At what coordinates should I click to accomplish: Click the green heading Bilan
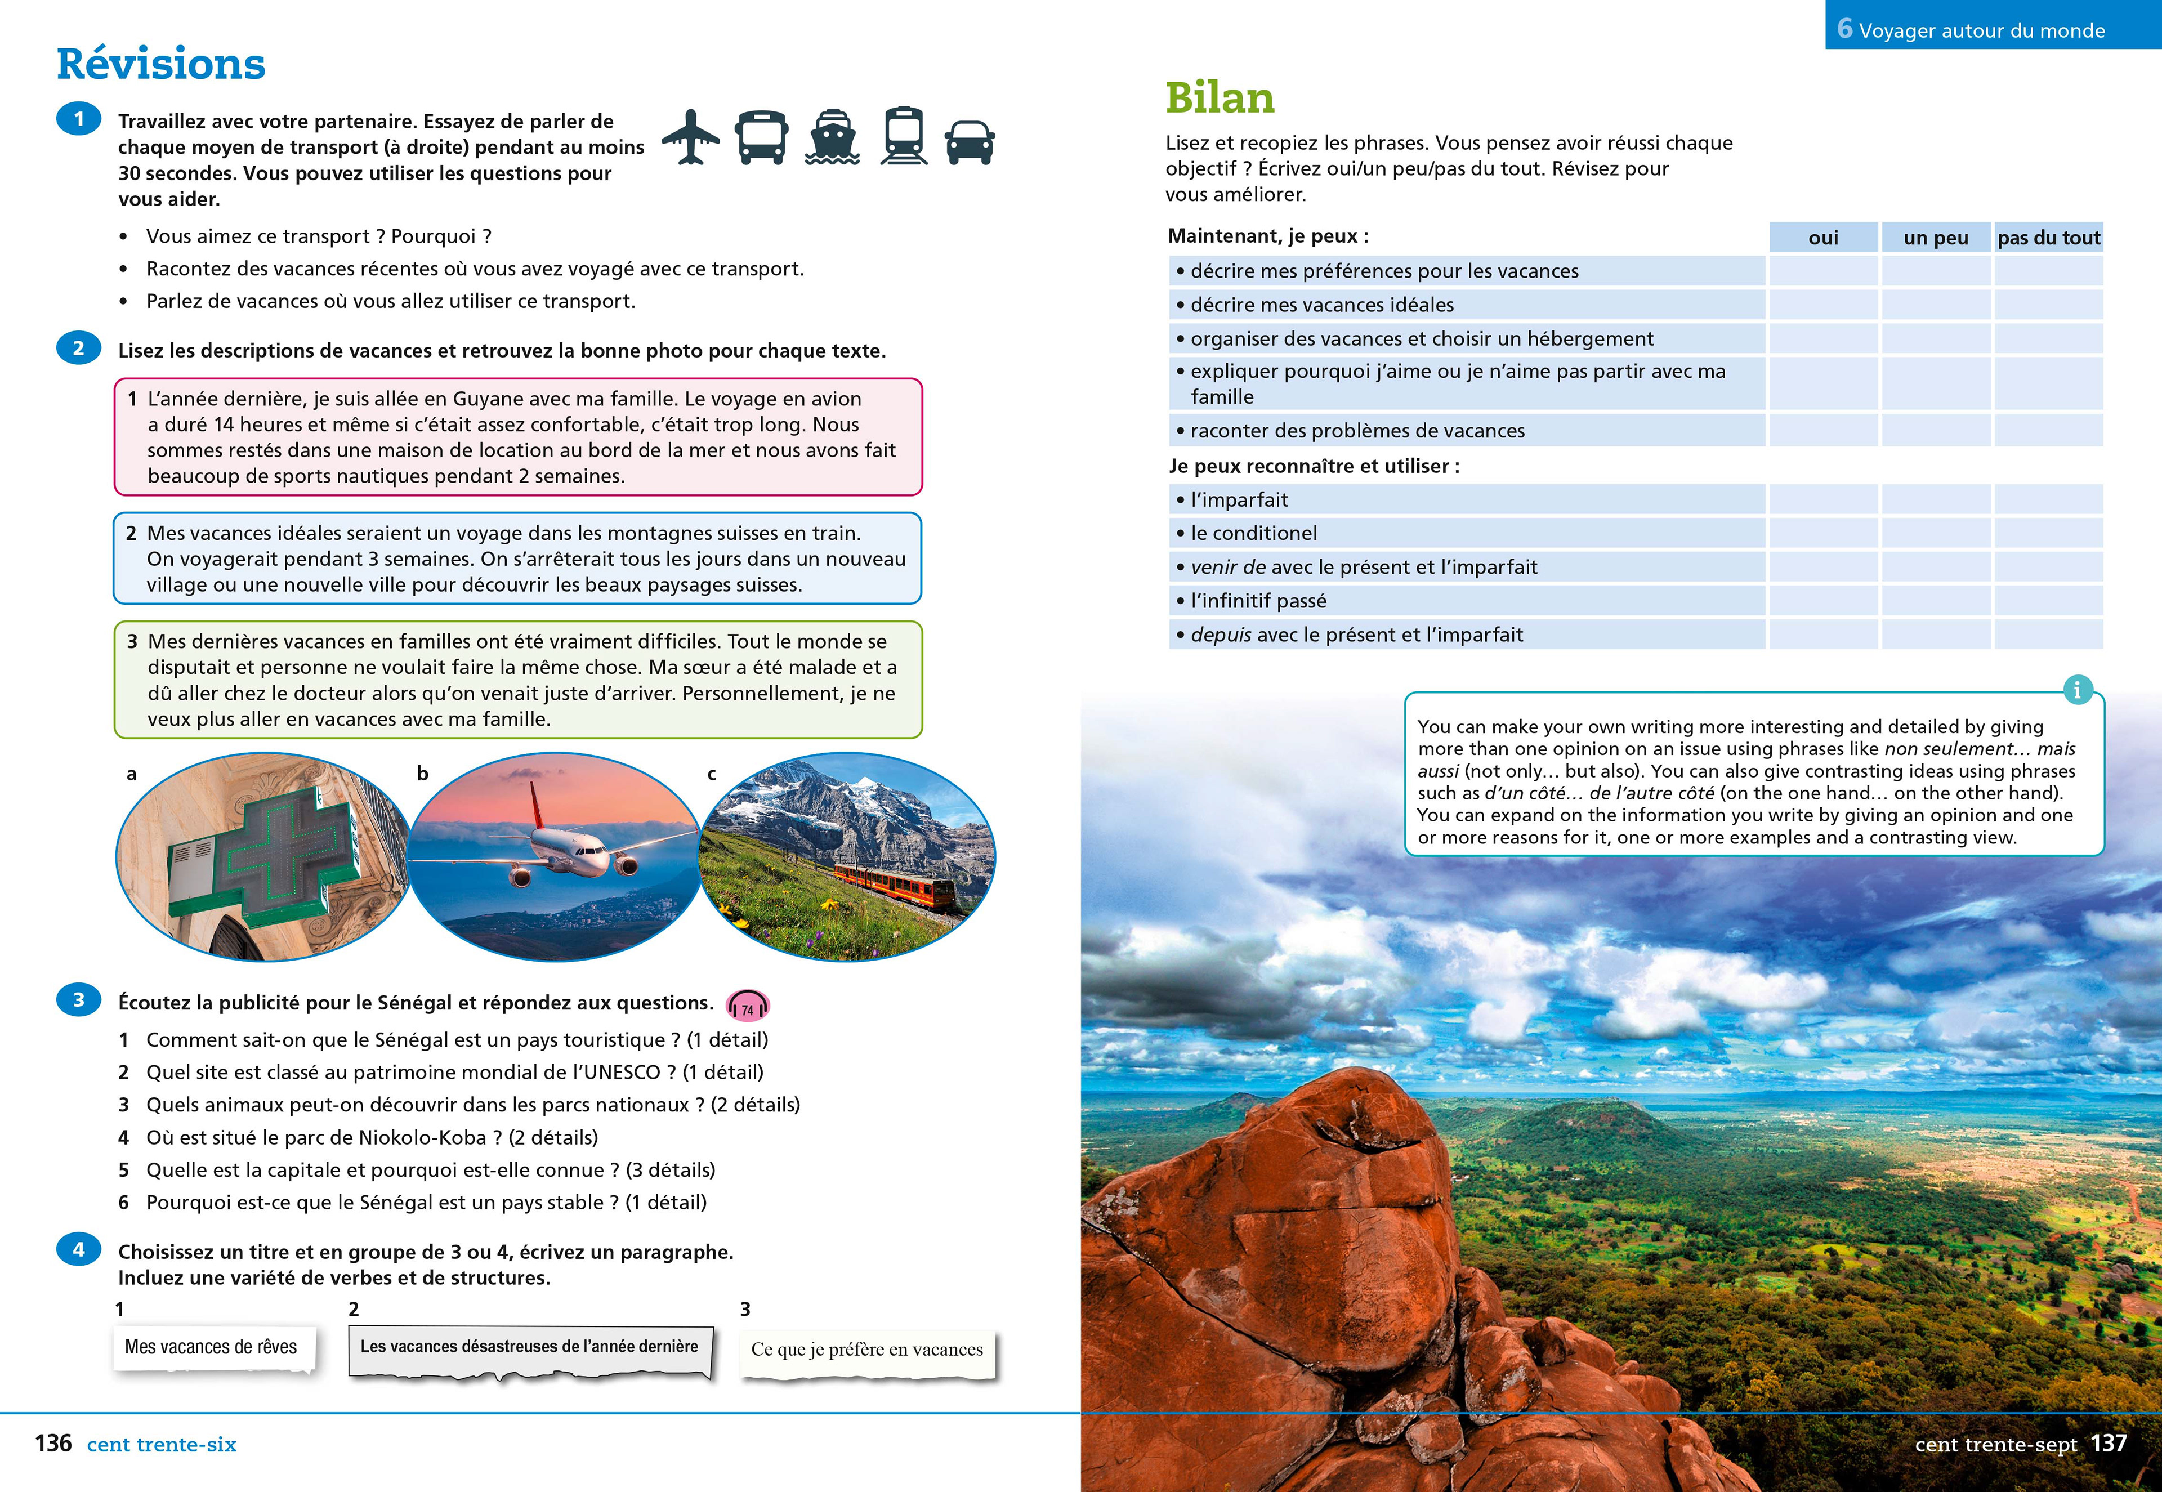1220,98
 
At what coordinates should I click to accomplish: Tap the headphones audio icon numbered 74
748,1007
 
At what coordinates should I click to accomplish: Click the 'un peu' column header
1936,238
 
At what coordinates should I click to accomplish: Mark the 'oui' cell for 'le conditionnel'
1822,533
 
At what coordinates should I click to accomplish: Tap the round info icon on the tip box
2077,690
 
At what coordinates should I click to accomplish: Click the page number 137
2109,1444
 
